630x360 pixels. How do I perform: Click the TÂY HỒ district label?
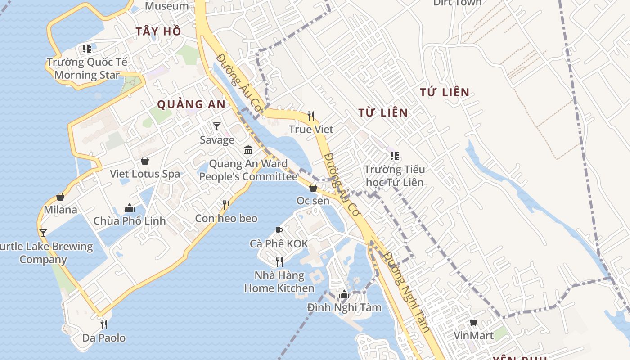[x=158, y=31]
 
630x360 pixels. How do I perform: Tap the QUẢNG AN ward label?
[x=191, y=104]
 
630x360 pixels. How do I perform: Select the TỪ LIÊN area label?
[x=383, y=112]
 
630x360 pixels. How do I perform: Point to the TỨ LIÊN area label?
[x=445, y=92]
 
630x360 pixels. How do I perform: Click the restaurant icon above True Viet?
[x=311, y=116]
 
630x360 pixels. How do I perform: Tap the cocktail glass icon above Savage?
[x=217, y=126]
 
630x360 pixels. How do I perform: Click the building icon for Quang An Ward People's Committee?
[x=248, y=150]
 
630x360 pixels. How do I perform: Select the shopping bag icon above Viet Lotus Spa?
[x=145, y=161]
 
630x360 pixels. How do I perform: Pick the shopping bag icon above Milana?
[x=60, y=197]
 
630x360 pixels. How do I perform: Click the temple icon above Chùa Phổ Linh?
[x=130, y=208]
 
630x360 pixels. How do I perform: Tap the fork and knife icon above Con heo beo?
[x=226, y=205]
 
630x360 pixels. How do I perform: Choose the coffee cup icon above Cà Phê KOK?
[x=279, y=231]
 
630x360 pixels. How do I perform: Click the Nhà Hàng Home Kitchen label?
[x=279, y=282]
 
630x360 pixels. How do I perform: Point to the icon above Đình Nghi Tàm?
[x=344, y=294]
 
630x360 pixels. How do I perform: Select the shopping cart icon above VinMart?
[x=473, y=322]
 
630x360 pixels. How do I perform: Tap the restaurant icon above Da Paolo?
[x=104, y=324]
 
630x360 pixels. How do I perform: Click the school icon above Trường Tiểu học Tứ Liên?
[x=395, y=156]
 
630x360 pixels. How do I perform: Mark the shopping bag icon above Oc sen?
[x=313, y=188]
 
